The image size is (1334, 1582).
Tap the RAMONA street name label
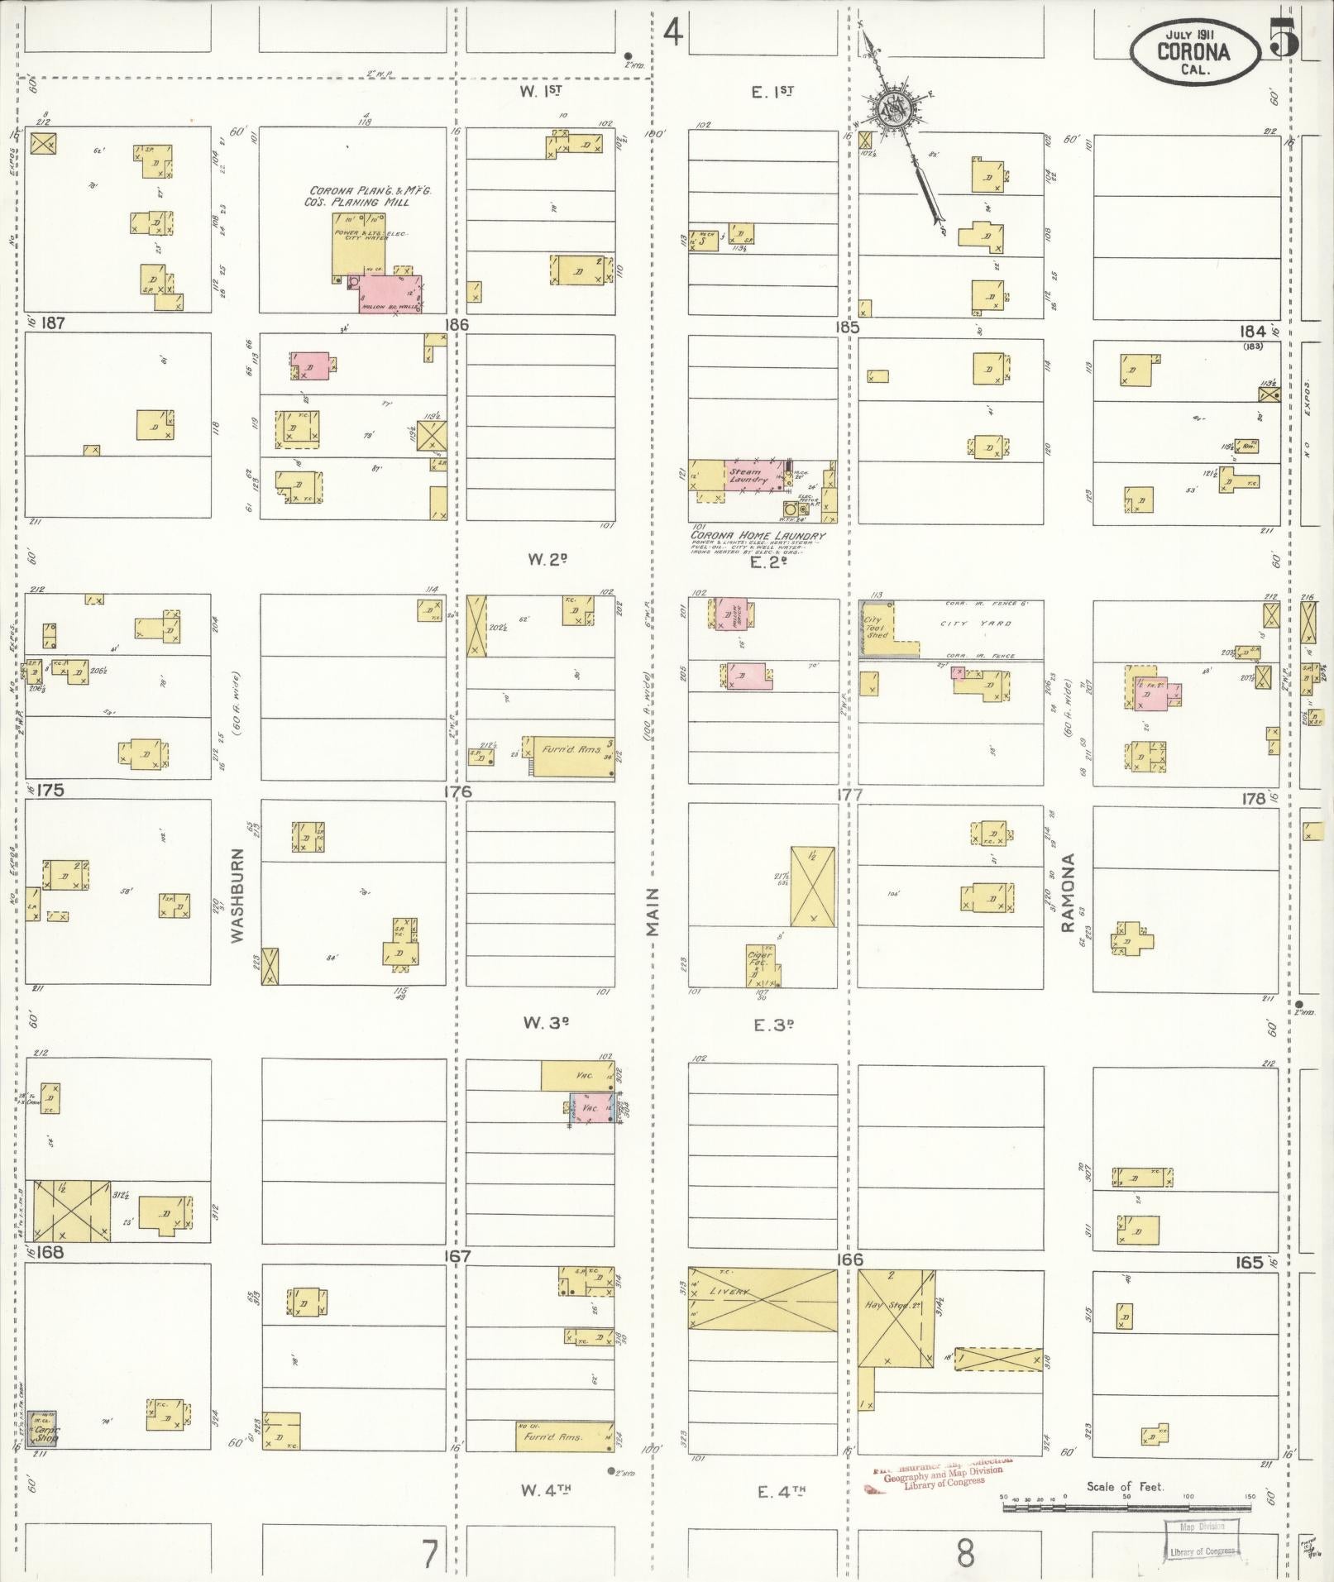(x=1069, y=893)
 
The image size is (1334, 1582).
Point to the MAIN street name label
(x=654, y=911)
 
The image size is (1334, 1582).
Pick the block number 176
(x=457, y=791)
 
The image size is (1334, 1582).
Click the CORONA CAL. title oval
(x=1193, y=51)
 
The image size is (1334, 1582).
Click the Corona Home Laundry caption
(x=758, y=536)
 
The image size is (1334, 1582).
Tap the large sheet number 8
(x=965, y=1553)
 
